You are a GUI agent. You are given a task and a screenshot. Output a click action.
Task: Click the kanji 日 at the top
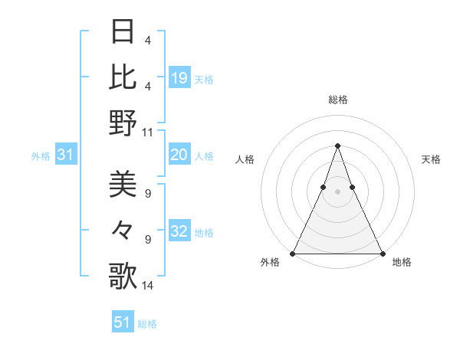coord(123,31)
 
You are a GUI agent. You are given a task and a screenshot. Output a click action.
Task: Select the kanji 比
coord(123,77)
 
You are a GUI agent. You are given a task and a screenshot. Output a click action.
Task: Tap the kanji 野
coord(123,123)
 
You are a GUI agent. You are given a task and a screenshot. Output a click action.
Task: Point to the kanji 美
coord(123,185)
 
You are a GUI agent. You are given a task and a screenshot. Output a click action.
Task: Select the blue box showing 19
coord(179,77)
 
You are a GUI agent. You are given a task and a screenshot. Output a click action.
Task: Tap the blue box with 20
coord(179,155)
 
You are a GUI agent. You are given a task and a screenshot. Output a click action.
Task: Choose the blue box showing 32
coord(179,232)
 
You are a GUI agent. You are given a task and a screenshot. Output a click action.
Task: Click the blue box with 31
coord(66,155)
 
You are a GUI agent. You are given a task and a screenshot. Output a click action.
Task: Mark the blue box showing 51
coord(123,322)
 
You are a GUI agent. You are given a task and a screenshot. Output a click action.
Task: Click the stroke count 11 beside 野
coord(148,132)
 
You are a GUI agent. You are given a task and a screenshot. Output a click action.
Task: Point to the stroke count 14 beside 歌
coord(148,286)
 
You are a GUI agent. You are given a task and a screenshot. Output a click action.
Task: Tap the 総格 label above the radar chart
coord(337,100)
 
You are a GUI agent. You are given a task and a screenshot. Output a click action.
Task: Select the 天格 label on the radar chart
coord(432,159)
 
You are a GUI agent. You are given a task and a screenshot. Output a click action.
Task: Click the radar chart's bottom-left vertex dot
coord(293,253)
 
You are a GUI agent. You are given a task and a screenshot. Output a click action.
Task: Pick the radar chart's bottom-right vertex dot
coord(382,253)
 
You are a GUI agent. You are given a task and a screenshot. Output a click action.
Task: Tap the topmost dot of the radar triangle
coord(337,146)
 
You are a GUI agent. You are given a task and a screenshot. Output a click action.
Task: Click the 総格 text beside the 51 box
coord(147,323)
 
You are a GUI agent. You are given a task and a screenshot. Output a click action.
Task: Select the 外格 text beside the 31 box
coord(41,156)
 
